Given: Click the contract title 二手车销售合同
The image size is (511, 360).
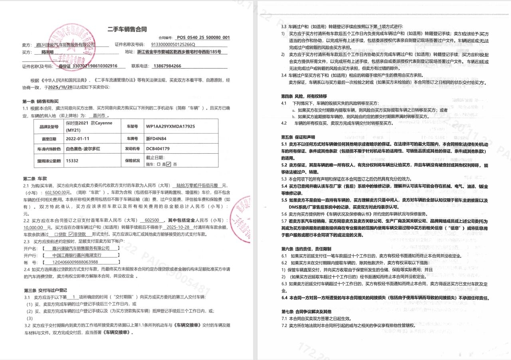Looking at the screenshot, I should tap(127, 29).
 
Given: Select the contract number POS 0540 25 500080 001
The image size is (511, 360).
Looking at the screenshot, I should tap(203, 38).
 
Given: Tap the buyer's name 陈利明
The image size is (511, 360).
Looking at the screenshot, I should tap(47, 52).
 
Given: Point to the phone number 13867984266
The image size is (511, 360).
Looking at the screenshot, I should tap(167, 66).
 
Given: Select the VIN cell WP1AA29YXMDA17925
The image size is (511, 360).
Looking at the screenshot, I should tap(170, 126).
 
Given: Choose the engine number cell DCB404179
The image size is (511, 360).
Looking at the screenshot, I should tap(158, 149).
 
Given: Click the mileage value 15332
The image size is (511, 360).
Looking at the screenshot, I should tap(72, 160).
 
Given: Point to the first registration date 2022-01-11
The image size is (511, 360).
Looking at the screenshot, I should tap(78, 138).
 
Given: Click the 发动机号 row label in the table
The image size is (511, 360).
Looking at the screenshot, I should tap(133, 149).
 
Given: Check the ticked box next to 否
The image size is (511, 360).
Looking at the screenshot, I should tap(168, 164).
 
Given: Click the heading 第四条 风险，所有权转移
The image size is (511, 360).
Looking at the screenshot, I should tap(304, 96).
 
